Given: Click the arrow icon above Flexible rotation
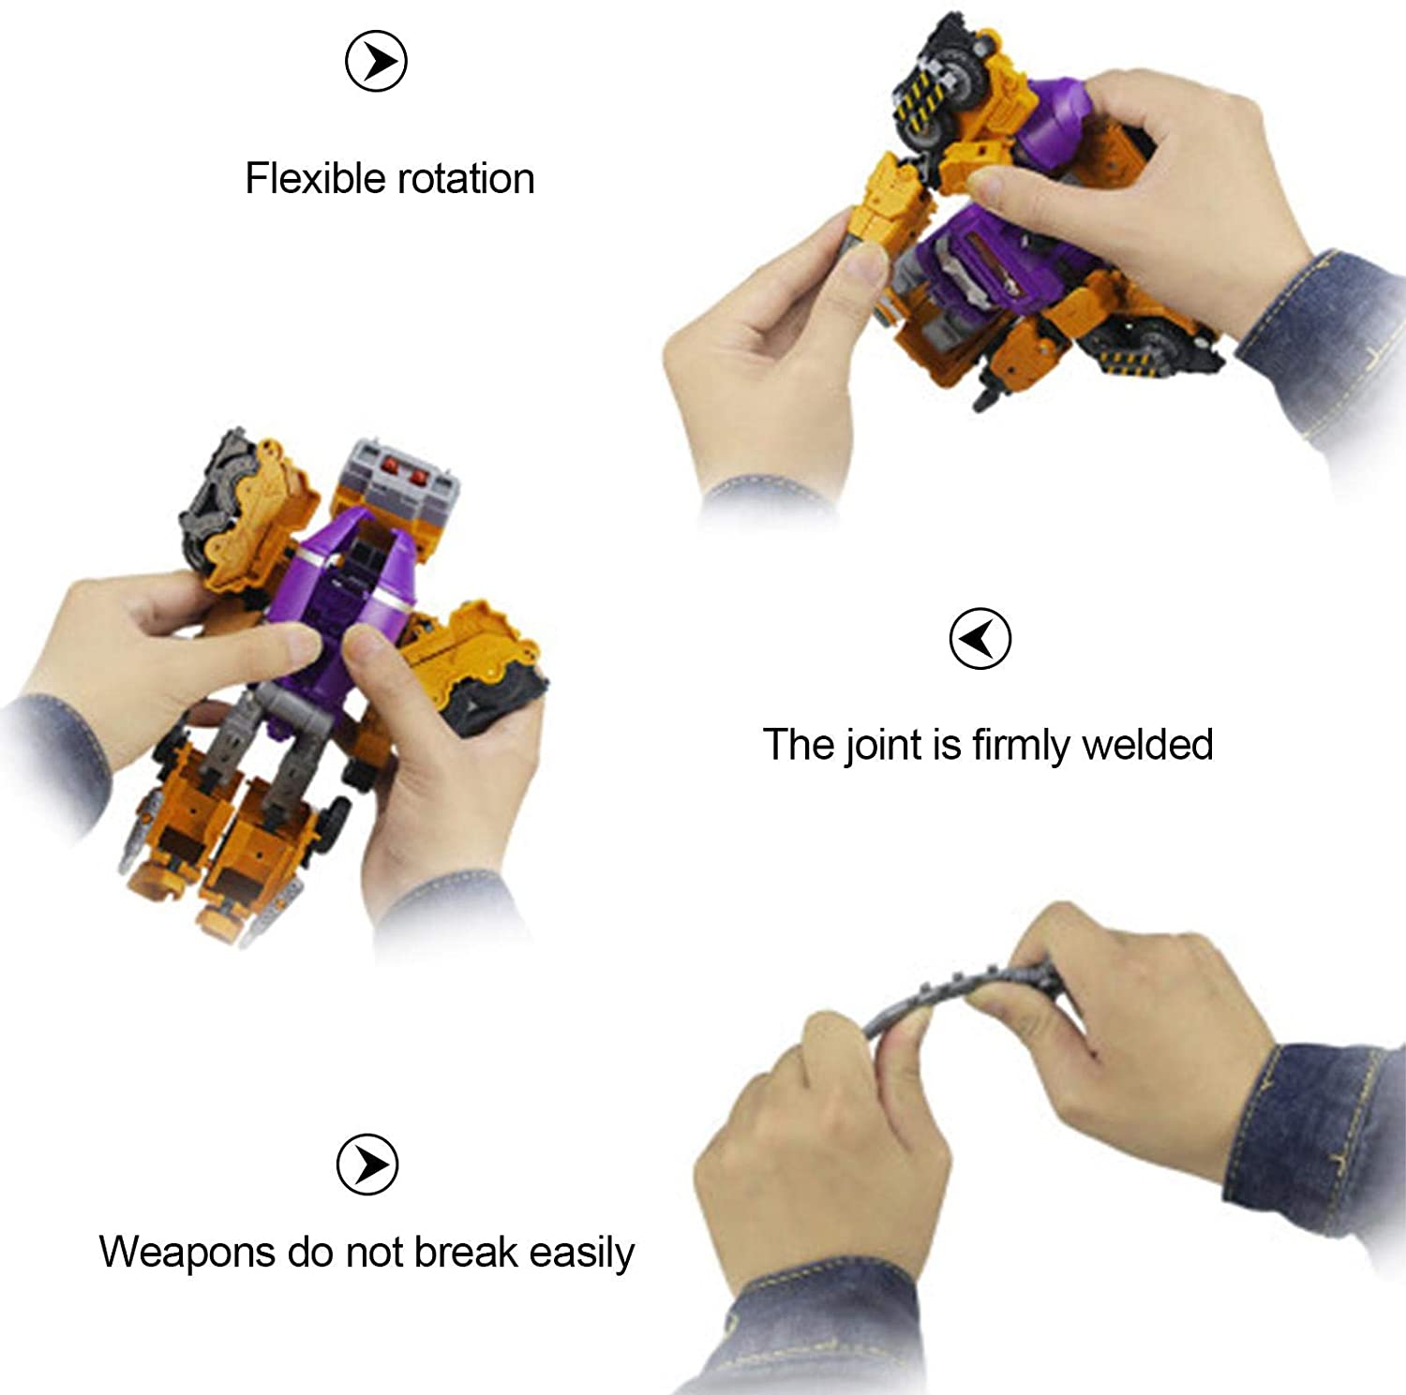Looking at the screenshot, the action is [x=376, y=61].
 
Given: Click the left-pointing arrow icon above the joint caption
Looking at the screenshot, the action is [x=980, y=639].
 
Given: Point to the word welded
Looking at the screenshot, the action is [x=1147, y=745].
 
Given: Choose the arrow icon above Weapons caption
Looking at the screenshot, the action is [x=367, y=1165].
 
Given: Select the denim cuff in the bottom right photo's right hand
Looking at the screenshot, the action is [x=1312, y=1138].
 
